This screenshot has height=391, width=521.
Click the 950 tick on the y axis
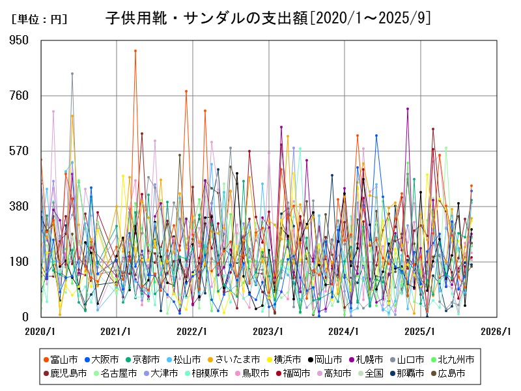point(21,40)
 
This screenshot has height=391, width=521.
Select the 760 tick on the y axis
point(21,95)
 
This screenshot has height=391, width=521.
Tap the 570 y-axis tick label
point(21,151)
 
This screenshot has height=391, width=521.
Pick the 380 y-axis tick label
point(21,206)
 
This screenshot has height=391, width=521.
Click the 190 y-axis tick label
point(21,261)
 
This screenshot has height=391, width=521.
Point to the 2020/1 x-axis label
point(40,331)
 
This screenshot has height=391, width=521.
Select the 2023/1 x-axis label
point(268,331)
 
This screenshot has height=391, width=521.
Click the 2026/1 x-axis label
point(496,331)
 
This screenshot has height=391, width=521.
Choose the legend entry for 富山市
point(61,359)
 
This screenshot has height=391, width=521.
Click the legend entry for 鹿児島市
point(65,373)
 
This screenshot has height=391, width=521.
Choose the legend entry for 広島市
point(447,373)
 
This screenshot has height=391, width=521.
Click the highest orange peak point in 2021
point(135,50)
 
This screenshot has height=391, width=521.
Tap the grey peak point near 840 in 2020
point(72,74)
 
